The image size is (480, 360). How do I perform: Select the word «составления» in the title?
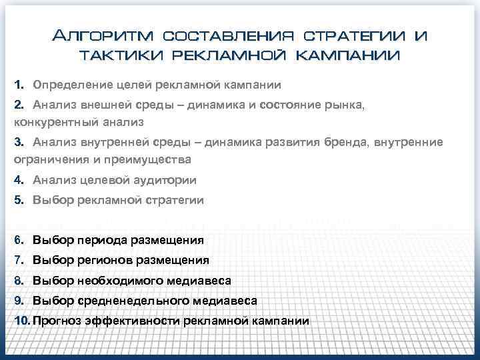(x=228, y=35)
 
